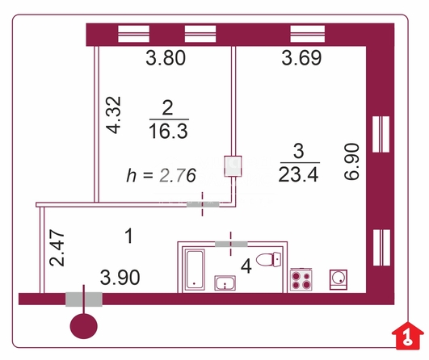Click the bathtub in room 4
(x=195, y=270)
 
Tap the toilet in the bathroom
(x=269, y=259)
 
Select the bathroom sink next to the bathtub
(x=225, y=283)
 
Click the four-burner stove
(x=301, y=280)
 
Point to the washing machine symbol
(x=339, y=279)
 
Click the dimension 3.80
(x=166, y=58)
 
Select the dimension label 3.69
(x=301, y=58)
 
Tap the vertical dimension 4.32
(x=114, y=115)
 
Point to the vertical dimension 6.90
(x=351, y=161)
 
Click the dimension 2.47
(x=57, y=248)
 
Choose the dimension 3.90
(x=120, y=278)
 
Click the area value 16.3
(x=168, y=131)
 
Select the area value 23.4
(x=298, y=174)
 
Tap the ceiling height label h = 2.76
(x=161, y=175)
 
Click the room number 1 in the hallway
(x=129, y=237)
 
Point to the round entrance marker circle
(x=84, y=326)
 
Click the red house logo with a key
(x=408, y=336)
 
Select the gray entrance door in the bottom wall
(x=84, y=299)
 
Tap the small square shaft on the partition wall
(x=233, y=166)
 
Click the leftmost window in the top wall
(x=133, y=34)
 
